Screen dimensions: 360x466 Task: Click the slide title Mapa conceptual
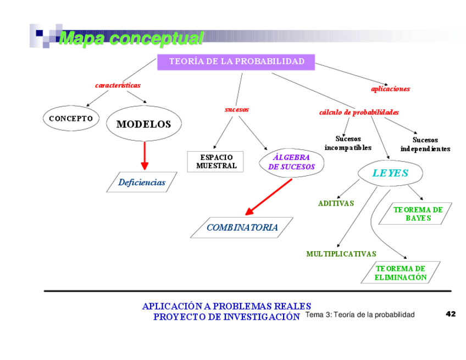pos(131,38)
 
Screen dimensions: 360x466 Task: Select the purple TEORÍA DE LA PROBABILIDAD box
pos(236,62)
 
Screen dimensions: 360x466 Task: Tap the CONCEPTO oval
pos(71,119)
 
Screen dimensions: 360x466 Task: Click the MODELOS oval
pos(143,124)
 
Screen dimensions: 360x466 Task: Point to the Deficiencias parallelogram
pos(142,182)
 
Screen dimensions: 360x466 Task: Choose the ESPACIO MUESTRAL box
pos(216,162)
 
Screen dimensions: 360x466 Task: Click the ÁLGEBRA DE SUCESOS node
pos(292,162)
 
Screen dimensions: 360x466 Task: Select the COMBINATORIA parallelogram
pos(242,228)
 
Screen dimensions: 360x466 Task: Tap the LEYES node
pos(390,173)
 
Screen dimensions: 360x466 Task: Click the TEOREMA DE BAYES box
pos(418,214)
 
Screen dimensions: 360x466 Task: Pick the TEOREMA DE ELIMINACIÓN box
pos(401,273)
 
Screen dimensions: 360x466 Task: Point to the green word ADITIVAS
pos(336,203)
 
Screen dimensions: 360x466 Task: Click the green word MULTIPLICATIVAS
pos(341,254)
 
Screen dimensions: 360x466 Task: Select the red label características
pos(118,85)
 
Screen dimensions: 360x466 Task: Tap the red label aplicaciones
pos(390,88)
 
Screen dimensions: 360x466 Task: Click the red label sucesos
pos(237,109)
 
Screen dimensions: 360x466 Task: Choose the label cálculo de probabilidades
pos(359,112)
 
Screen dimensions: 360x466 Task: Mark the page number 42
pos(451,314)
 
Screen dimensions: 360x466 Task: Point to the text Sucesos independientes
pos(425,145)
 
